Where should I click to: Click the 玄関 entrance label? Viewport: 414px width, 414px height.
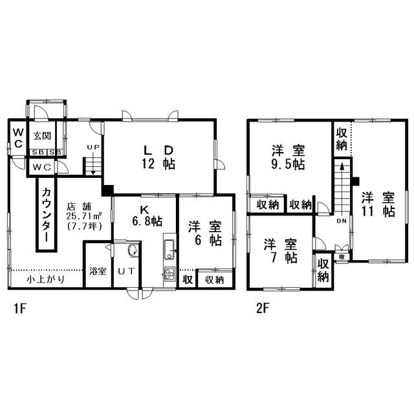coord(42,136)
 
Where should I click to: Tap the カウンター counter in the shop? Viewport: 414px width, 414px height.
coord(47,214)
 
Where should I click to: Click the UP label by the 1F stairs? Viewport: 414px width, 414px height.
coord(93,147)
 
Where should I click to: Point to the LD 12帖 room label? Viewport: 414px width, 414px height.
coord(158,157)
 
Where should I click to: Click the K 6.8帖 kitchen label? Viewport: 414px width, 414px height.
coord(147,215)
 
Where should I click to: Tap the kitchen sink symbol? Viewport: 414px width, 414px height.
coord(169,250)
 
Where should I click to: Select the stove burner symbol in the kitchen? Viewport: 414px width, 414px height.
coord(169,274)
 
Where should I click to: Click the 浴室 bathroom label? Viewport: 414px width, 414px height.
coord(98,271)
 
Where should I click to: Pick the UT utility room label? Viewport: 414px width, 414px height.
coord(126,271)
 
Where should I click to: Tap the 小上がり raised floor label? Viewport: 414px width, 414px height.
coord(45,279)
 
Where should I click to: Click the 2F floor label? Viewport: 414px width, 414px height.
coord(263,309)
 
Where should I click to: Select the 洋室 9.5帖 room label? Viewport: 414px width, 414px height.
coord(288,157)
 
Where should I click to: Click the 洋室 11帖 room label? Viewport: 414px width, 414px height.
coord(378,204)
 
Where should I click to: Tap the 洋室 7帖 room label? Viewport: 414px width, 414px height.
coord(280,251)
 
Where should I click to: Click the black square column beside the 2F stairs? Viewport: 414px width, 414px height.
coord(355,181)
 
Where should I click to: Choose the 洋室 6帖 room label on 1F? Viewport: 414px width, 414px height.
coord(205,234)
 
